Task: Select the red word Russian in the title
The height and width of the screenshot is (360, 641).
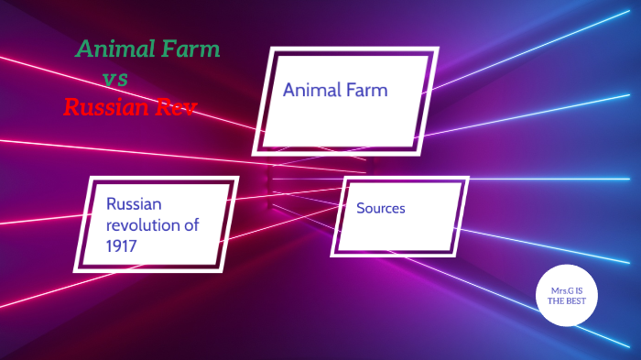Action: [108, 107]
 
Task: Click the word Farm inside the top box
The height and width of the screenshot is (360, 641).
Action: [368, 91]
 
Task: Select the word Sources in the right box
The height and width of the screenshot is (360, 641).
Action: [381, 209]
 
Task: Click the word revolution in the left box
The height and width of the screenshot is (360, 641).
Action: [145, 225]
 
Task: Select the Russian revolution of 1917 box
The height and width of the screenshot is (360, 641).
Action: [160, 224]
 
